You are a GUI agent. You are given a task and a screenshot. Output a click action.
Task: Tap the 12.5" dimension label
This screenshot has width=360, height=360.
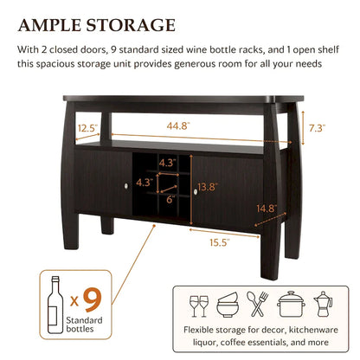86,129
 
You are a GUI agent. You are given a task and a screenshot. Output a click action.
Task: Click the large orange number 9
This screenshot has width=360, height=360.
93,299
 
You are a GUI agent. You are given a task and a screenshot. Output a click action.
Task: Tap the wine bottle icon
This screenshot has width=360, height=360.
55,299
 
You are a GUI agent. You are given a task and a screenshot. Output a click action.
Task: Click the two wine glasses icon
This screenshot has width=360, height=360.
200,304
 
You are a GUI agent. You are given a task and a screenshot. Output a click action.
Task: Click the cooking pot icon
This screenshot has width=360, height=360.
287,304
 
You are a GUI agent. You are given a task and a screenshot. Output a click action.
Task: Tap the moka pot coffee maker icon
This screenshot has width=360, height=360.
318,304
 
